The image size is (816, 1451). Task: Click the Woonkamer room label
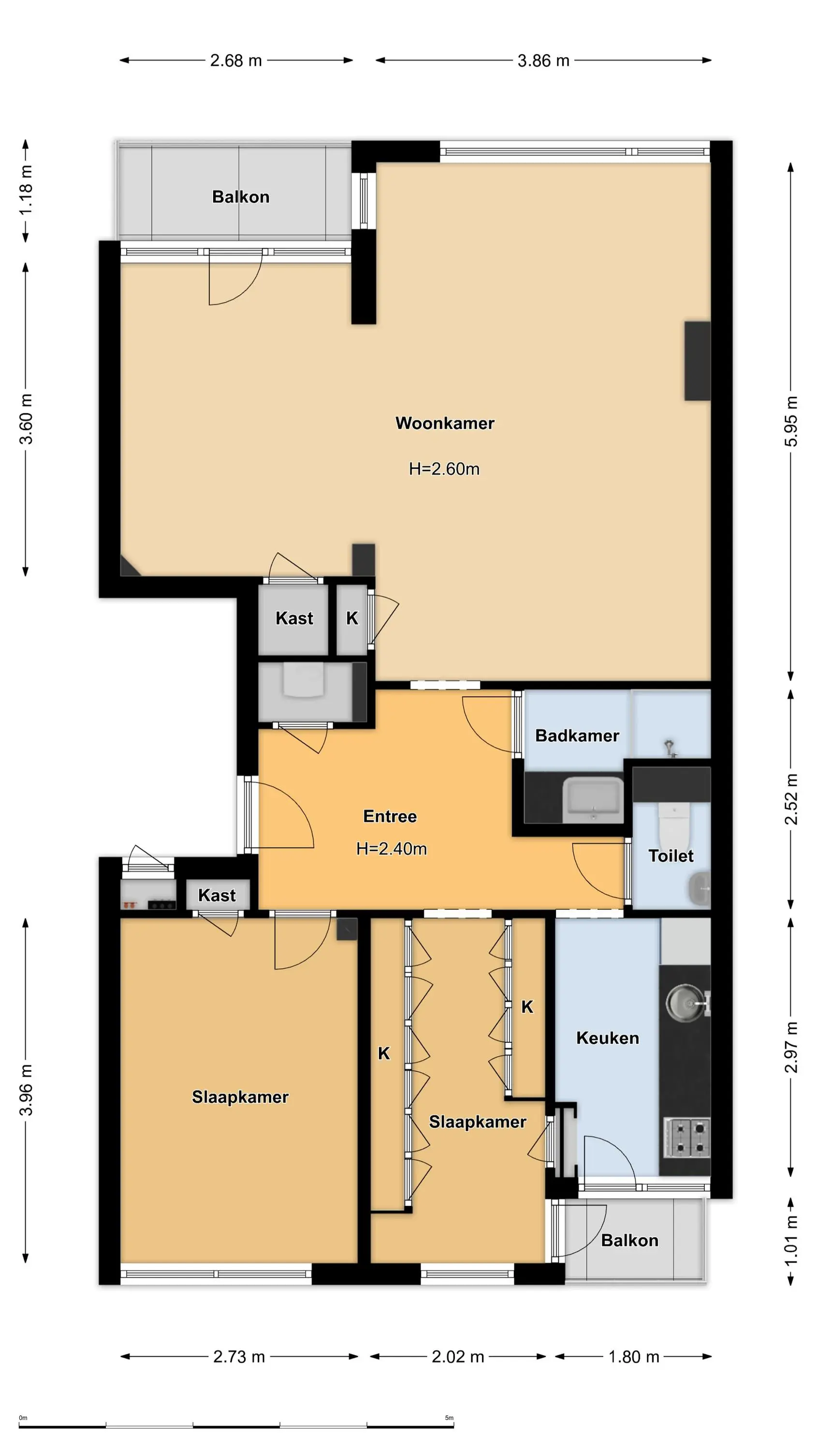[444, 423]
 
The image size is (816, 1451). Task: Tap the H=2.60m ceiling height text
[444, 469]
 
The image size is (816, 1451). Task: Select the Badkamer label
[577, 735]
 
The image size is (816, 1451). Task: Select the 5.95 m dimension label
[791, 421]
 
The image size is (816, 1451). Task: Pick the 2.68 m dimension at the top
[236, 60]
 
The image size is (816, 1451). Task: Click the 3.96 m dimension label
[26, 1090]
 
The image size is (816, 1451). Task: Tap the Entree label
[390, 816]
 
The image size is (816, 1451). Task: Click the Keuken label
[607, 1037]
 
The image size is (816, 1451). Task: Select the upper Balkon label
[240, 196]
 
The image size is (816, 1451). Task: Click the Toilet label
[670, 856]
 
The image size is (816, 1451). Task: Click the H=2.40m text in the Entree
[392, 848]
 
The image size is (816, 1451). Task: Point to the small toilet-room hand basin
[700, 889]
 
